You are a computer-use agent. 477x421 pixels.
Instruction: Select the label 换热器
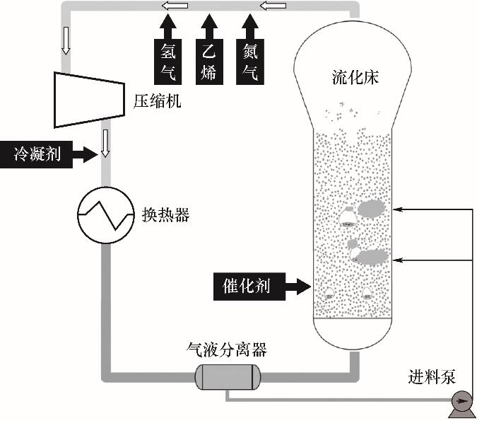coord(165,215)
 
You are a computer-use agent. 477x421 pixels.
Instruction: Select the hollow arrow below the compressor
coord(106,142)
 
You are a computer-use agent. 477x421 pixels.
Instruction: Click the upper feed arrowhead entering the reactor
coord(396,209)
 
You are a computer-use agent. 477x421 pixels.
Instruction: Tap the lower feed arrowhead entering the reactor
coord(396,260)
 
